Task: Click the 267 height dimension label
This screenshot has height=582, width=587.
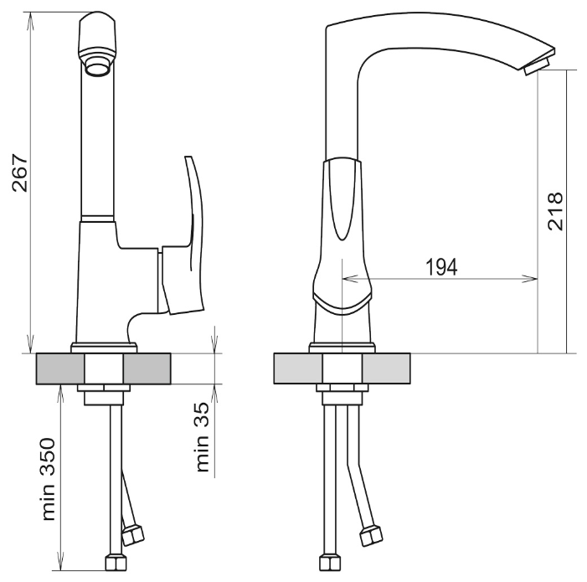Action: pyautogui.click(x=18, y=173)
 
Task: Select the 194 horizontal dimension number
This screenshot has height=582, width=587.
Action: pyautogui.click(x=441, y=267)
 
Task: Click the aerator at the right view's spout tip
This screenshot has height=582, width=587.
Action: pyautogui.click(x=535, y=66)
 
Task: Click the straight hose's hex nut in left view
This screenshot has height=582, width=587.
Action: pyautogui.click(x=115, y=562)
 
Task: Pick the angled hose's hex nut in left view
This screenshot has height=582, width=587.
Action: pyautogui.click(x=133, y=533)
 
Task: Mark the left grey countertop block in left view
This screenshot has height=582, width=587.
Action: pyautogui.click(x=61, y=369)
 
